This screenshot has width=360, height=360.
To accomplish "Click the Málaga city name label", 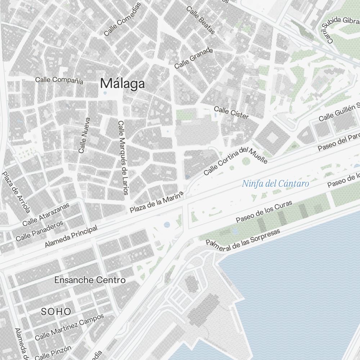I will [x=123, y=84].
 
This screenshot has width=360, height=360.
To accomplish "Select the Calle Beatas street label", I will [x=201, y=21].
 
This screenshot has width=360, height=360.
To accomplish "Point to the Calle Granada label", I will [x=193, y=59].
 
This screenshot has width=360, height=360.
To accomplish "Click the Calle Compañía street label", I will [x=59, y=80].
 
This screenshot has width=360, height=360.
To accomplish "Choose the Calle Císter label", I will [x=231, y=112].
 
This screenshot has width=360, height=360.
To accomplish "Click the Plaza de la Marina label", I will [x=157, y=202].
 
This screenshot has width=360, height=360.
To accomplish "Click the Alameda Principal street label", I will [x=71, y=237].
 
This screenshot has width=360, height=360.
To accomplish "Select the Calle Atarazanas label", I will [x=50, y=215].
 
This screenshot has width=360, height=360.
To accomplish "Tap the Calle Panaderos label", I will [x=40, y=231].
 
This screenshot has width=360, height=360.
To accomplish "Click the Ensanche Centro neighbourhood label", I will [x=90, y=280].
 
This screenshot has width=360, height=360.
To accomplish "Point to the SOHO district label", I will [x=56, y=312].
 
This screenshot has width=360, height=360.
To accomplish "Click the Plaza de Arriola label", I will [x=16, y=192].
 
